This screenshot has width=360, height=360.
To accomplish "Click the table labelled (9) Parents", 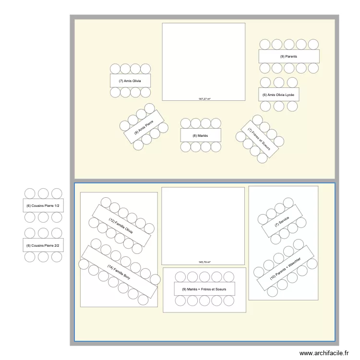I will pyautogui.click(x=289, y=56).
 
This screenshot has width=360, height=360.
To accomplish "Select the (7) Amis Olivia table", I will pyautogui.click(x=130, y=81).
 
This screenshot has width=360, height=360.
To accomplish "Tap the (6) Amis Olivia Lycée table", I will pyautogui.click(x=279, y=95).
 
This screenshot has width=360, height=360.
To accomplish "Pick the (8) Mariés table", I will pyautogui.click(x=201, y=135).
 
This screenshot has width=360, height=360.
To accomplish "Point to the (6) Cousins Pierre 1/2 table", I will pyautogui.click(x=43, y=205).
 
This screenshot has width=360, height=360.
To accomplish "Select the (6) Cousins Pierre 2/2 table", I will pyautogui.click(x=43, y=245).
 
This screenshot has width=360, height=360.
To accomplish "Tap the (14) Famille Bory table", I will pyautogui.click(x=120, y=272).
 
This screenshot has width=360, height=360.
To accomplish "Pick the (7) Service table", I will pyautogui.click(x=282, y=221).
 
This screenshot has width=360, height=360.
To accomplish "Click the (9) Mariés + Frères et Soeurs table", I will pyautogui.click(x=204, y=289).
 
